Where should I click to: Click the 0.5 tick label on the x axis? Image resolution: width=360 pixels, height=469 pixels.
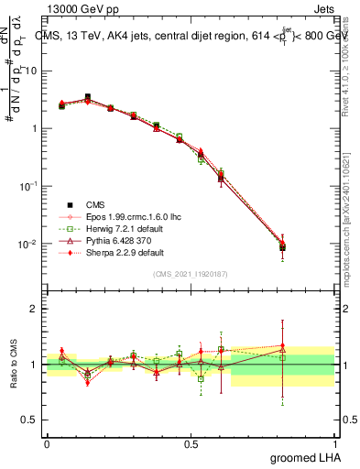coord(191,442)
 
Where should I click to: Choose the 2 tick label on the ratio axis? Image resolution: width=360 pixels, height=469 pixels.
coord(35,309)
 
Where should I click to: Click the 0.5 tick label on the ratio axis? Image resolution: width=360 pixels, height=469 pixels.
coord(30,421)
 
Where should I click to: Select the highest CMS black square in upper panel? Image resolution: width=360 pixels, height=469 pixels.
coord(88,97)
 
